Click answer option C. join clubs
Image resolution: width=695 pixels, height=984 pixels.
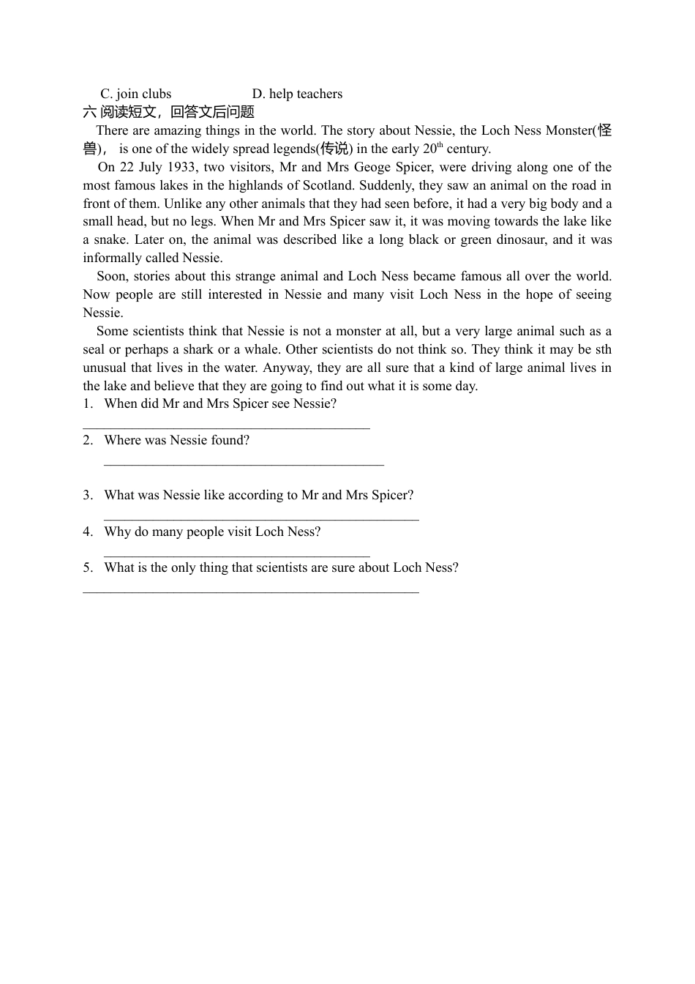click(135, 94)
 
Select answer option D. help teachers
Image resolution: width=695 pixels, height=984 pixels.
click(297, 94)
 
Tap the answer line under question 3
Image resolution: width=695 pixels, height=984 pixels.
click(261, 519)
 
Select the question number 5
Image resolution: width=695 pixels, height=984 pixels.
click(88, 567)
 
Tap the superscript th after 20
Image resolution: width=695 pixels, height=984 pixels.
click(440, 145)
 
